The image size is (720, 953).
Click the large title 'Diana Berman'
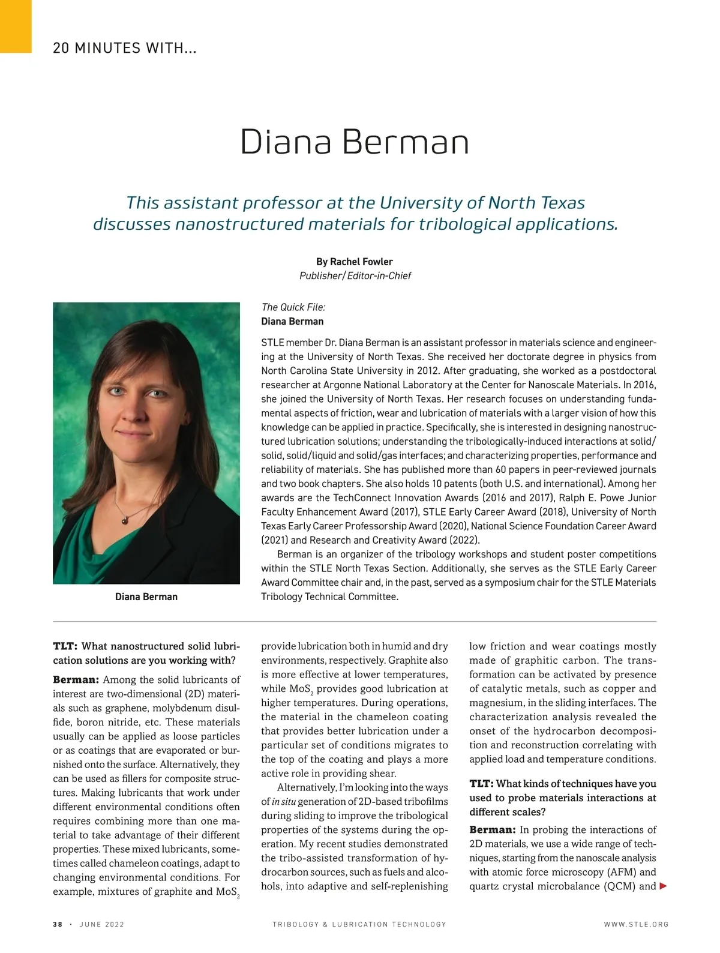(x=354, y=143)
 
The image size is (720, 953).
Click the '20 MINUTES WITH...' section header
(x=125, y=48)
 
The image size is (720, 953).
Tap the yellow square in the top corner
(x=15, y=26)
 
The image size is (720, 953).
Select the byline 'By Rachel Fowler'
(x=354, y=262)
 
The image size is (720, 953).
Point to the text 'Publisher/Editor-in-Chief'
(x=355, y=275)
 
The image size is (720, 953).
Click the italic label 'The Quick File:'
(x=293, y=307)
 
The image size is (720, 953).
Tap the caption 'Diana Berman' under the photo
(x=146, y=597)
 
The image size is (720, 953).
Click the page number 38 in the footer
(x=58, y=924)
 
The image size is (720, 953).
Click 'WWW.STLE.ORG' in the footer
(x=636, y=924)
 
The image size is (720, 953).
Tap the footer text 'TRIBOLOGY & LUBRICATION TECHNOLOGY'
(x=359, y=924)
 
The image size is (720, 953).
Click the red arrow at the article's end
(x=663, y=886)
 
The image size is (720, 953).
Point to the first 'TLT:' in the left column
(x=65, y=646)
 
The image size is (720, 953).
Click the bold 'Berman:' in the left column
(x=76, y=680)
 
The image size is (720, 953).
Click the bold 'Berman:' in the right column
(x=492, y=830)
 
